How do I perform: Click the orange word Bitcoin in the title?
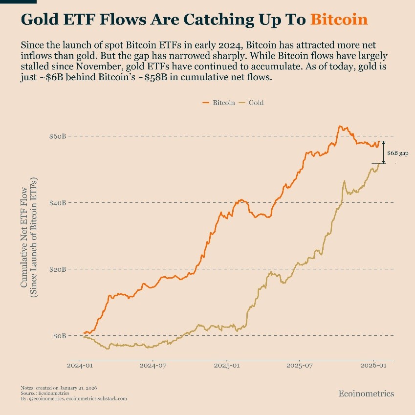point(339,20)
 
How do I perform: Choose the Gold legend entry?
point(256,103)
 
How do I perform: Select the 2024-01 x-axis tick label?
point(80,365)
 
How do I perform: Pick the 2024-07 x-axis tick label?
point(153,365)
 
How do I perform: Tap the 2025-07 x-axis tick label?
point(300,365)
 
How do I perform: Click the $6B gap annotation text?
point(397,153)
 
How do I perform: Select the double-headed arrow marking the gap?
point(384,152)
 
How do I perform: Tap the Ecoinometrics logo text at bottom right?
point(366,393)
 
